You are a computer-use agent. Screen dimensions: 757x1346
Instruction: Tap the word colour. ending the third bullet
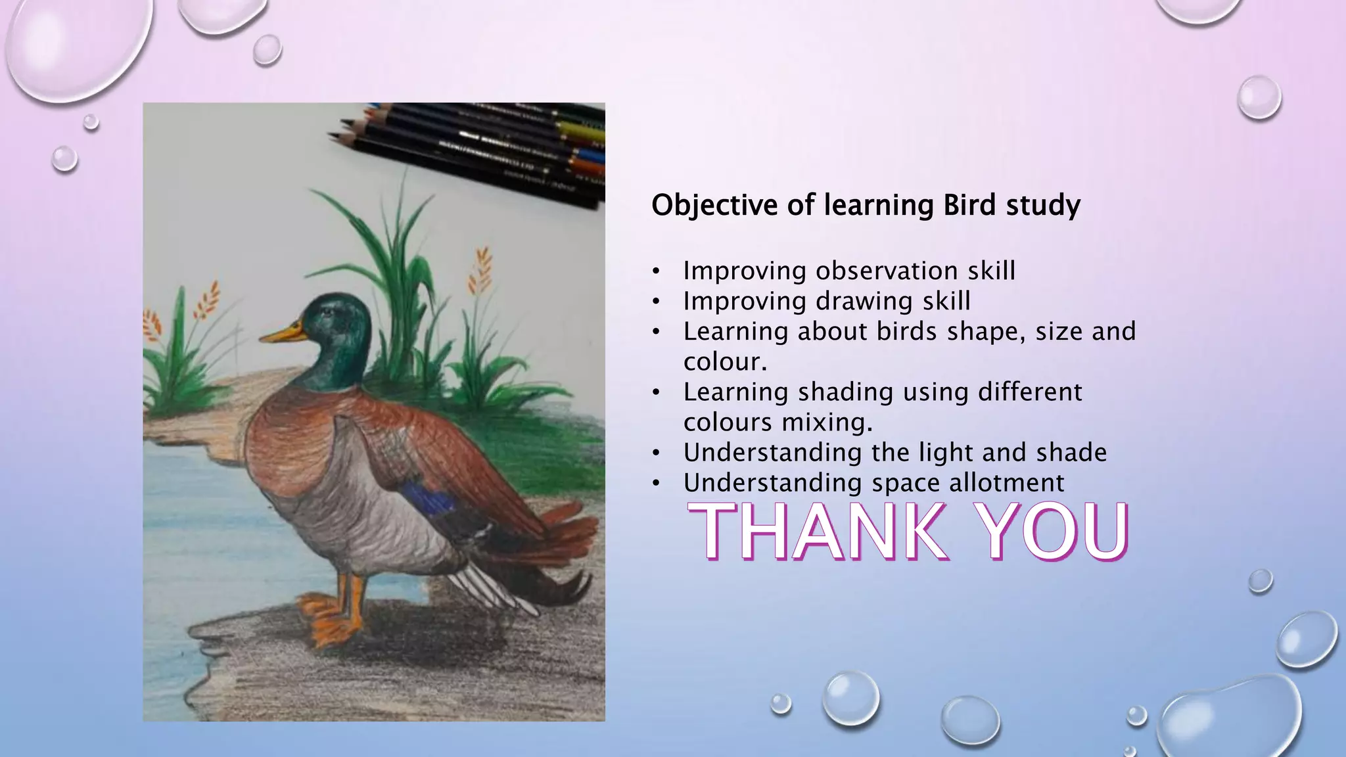[x=724, y=362]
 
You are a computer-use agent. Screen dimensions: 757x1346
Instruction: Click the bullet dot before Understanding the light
[x=655, y=453]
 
